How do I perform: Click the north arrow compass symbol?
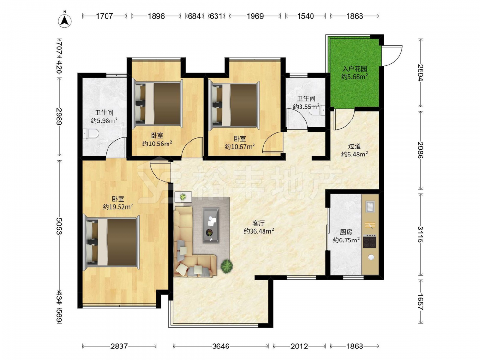[x=65, y=21]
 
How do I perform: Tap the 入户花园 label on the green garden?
[x=355, y=69]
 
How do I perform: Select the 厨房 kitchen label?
[x=346, y=232]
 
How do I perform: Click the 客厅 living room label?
[x=259, y=223]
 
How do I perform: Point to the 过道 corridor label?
[x=355, y=146]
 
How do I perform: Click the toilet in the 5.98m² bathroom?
[x=91, y=134]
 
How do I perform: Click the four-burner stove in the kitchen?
[x=370, y=241]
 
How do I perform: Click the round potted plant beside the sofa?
[x=227, y=266]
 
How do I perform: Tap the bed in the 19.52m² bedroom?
[x=111, y=242]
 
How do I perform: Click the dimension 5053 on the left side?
[x=59, y=226]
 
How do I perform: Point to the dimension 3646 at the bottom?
[x=221, y=346]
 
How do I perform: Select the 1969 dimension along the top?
[x=255, y=16]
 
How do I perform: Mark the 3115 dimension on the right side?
[x=420, y=234]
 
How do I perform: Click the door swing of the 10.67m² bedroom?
[x=272, y=142]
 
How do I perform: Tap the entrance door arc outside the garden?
[x=392, y=55]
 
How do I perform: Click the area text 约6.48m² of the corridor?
[x=355, y=155]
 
